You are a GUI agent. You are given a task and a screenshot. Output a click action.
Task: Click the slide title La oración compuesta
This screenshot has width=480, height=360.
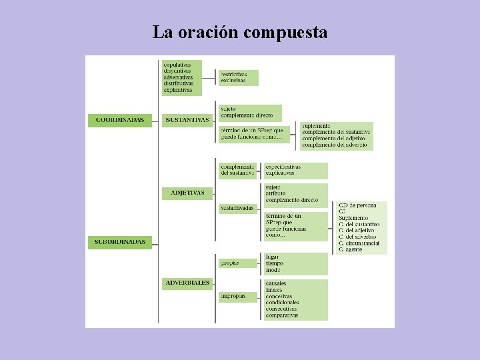(x=240, y=32)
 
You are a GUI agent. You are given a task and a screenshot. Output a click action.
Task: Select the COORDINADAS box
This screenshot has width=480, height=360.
(x=120, y=121)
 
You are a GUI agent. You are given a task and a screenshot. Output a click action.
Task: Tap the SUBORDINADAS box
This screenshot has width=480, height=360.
(x=121, y=242)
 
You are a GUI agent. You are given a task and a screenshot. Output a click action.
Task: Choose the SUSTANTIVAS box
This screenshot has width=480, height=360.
(x=187, y=121)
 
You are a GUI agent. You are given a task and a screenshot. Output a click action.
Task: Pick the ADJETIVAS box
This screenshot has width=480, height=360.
(x=187, y=193)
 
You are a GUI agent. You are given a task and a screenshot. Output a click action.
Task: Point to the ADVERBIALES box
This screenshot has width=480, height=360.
(x=187, y=283)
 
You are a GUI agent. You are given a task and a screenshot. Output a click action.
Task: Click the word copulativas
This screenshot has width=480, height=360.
(x=177, y=65)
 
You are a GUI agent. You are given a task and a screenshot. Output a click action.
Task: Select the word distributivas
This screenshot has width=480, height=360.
(x=179, y=83)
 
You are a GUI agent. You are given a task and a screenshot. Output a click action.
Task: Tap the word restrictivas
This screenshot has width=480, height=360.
(x=234, y=74)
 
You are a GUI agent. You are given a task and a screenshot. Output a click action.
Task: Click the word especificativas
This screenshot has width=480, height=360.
(x=283, y=167)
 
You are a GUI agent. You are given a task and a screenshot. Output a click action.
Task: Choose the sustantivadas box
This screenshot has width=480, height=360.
(x=237, y=209)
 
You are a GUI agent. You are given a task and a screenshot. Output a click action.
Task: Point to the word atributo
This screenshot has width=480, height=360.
(x=276, y=193)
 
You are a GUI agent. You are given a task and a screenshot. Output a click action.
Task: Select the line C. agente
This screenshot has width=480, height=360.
(x=351, y=249)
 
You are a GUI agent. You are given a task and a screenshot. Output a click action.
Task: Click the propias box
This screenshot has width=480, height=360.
(x=230, y=263)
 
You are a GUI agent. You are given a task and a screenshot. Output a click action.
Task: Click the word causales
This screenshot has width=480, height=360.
(x=276, y=283)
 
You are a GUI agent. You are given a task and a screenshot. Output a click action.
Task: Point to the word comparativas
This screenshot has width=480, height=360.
(x=282, y=315)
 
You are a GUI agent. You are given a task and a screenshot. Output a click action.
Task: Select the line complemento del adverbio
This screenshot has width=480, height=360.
(x=335, y=144)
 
